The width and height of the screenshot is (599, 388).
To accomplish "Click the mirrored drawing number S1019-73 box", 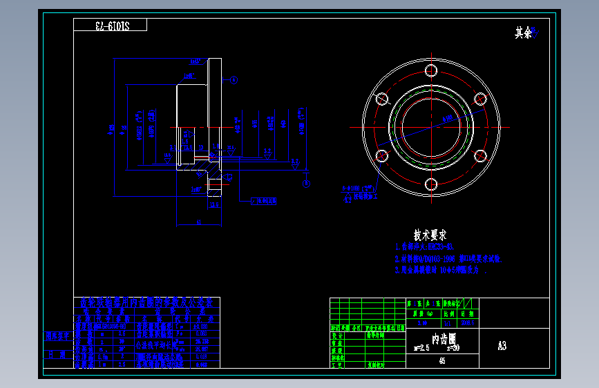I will [x=111, y=26].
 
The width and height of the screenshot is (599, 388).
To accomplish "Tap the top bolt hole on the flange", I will [x=431, y=70].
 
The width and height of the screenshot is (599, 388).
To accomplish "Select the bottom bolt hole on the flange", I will [x=431, y=184].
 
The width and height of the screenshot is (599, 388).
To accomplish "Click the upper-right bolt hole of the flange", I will [x=481, y=99].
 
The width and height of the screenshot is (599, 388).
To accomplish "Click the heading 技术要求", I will [x=430, y=235].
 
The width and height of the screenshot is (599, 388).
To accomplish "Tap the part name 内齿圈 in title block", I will [x=443, y=339].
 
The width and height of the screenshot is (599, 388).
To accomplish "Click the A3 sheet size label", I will [x=502, y=345].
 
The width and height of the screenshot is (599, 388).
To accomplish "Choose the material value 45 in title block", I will [x=442, y=360].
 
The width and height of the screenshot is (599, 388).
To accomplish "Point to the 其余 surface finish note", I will [x=524, y=32].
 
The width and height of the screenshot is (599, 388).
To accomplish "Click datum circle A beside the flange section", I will [x=234, y=80].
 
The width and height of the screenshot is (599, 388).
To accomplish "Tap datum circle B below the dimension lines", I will [x=306, y=183].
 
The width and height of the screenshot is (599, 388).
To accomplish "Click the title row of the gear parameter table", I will [x=147, y=302].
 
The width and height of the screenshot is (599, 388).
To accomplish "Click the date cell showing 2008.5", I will [x=468, y=322].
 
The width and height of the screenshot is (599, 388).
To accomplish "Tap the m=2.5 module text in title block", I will [x=421, y=348].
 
